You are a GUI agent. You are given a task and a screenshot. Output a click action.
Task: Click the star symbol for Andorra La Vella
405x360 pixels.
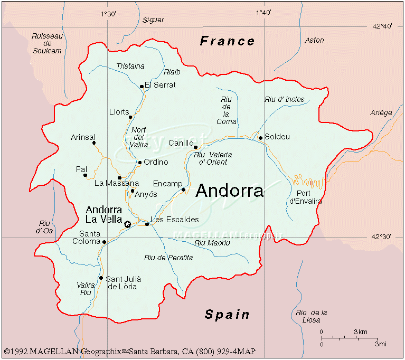pos(127,224)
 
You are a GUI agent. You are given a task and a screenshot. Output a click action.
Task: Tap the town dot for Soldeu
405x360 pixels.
pos(260,138)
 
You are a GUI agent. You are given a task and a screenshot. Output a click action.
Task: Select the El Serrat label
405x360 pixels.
pos(160,85)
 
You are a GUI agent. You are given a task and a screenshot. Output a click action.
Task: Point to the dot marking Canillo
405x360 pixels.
pos(195,147)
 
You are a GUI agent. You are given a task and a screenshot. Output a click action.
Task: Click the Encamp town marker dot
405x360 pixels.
pos(183,190)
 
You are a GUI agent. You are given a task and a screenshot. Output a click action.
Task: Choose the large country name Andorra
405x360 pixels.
pos(229,191)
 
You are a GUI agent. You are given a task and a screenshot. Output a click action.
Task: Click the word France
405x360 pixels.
pos(227,41)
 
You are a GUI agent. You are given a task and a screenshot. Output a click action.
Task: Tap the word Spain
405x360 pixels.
pos(227,315)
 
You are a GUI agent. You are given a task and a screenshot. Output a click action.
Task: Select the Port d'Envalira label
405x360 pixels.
pos(305,197)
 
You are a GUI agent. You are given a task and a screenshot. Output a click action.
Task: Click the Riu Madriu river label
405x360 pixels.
pos(212,243)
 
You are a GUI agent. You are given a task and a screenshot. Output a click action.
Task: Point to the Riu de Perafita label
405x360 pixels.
pos(168,258)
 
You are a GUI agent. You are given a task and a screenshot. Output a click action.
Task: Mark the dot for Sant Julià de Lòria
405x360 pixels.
pos(101,278)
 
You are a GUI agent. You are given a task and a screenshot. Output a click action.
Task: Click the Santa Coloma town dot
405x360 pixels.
pos(104,242)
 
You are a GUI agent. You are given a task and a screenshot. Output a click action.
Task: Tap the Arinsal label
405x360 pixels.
pos(83,137)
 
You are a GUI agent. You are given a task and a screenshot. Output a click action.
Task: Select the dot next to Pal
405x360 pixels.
pos(85,175)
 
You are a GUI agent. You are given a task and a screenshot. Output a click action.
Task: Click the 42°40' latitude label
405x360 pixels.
pos(382,26)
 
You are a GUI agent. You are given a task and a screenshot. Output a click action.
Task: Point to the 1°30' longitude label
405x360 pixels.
pos(108,13)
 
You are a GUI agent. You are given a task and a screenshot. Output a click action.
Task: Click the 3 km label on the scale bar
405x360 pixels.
pos(361,331)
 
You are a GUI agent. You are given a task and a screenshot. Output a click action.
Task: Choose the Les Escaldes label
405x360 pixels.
pos(174,220)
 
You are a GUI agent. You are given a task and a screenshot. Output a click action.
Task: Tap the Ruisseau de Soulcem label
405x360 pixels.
pos(47,43)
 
